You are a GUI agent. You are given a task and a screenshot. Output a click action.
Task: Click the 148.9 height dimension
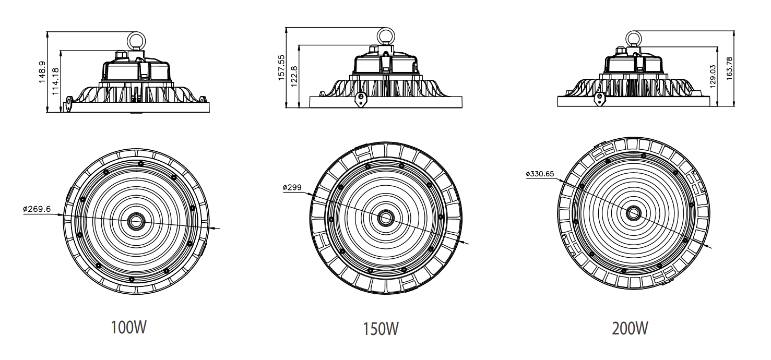coord(42,71)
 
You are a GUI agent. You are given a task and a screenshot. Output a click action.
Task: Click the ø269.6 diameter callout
coord(37,209)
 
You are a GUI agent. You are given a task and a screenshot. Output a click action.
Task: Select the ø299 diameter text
coord(292,187)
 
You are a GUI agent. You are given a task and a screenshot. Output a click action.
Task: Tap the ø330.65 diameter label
coord(540,174)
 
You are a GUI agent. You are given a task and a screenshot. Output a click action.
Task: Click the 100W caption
coord(128,328)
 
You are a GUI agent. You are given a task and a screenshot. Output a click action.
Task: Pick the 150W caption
coord(381,329)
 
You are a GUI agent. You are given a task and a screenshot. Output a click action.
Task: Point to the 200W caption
coord(631,328)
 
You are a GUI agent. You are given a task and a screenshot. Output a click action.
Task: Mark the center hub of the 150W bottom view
coord(386,218)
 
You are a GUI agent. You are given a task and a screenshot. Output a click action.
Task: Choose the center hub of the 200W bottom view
coord(634,212)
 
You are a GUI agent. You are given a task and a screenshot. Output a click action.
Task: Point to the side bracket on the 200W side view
coord(602,99)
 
